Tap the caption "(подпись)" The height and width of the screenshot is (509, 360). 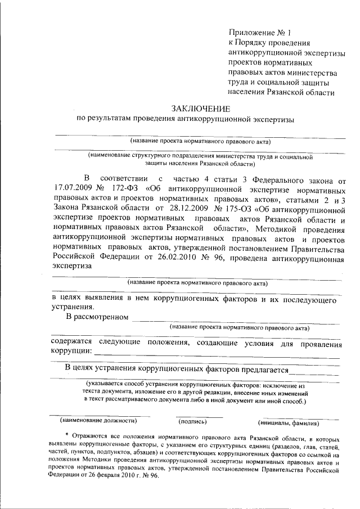point(192,421)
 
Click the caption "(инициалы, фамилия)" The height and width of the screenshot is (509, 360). point(289,422)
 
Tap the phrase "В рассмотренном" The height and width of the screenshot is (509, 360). point(95,318)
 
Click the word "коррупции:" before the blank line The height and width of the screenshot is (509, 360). point(71,351)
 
